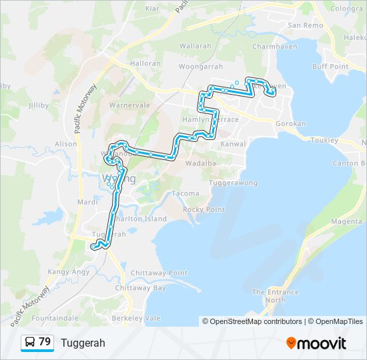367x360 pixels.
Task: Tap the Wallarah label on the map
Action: point(195,46)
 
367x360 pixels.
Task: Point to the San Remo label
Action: point(305,25)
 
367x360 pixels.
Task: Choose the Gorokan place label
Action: point(291,124)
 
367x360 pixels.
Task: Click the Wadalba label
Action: point(201,163)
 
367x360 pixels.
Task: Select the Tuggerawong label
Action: point(234,182)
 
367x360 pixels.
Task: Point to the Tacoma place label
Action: point(185,193)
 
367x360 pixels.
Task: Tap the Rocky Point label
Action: point(204,209)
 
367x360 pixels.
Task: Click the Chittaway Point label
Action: point(159,273)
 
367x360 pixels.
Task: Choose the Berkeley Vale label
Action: point(137,319)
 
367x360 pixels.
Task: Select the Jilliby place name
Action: point(39,105)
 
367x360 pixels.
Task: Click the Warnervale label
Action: point(129,105)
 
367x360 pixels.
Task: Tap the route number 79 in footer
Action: point(45,342)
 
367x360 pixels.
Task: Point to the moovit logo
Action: point(316,343)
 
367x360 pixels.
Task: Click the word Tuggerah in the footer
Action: point(83,343)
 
